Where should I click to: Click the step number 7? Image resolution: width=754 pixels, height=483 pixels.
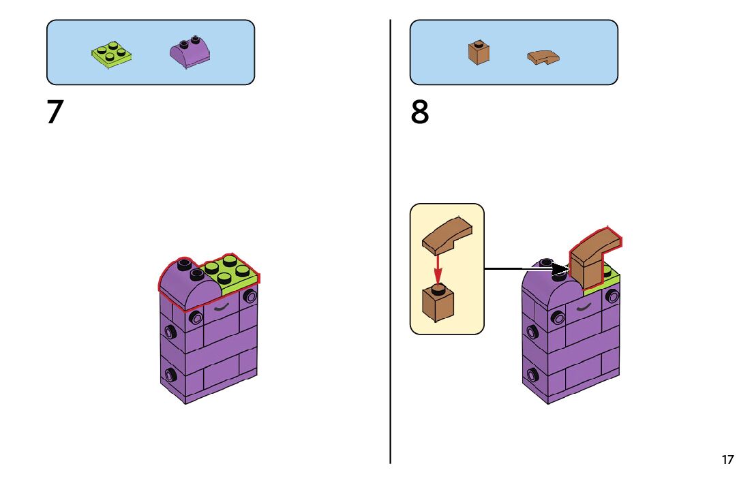coord(55,112)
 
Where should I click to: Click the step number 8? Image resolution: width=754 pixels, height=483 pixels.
coord(420,112)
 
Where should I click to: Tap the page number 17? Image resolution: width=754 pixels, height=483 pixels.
coord(727,460)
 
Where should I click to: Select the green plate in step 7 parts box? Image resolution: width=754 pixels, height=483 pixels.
coord(112,54)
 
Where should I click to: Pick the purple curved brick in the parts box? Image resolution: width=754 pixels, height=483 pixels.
coord(190,53)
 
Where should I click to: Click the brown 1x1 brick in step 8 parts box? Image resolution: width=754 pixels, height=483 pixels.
coord(479,52)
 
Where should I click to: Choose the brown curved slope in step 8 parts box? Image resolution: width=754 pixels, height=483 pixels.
coord(543,57)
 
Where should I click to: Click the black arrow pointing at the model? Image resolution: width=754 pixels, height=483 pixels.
coord(525,269)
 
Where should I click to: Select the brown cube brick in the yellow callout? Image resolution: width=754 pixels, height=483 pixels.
coord(438,304)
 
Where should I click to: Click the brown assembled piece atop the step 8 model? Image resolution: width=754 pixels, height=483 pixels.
coord(590,262)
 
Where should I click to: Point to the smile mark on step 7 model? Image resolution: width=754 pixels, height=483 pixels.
coord(222,308)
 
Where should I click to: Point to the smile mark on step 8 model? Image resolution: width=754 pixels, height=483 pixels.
coord(584,308)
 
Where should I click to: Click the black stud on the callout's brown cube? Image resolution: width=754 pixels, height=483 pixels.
coord(438,289)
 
